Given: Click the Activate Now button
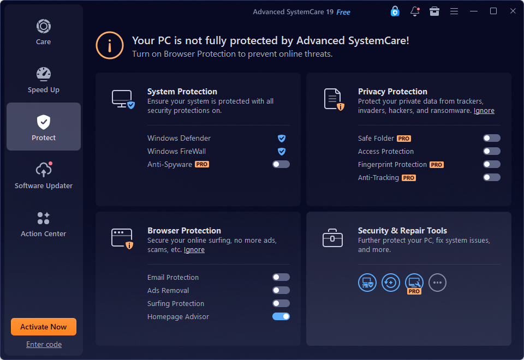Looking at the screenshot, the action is pyautogui.click(x=44, y=327).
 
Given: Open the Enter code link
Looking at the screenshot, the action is pyautogui.click(x=44, y=344).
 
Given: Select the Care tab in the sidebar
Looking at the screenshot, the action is pyautogui.click(x=44, y=32).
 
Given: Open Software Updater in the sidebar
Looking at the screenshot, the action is pyautogui.click(x=44, y=175).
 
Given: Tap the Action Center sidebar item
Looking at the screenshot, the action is pyautogui.click(x=44, y=224).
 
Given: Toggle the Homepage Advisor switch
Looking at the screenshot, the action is pyautogui.click(x=281, y=316).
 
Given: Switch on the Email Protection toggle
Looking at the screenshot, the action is pyautogui.click(x=281, y=277).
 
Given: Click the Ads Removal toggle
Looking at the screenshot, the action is pyautogui.click(x=281, y=290).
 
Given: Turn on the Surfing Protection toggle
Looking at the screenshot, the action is pyautogui.click(x=281, y=303).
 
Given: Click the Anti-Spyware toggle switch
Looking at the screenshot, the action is pyautogui.click(x=281, y=164).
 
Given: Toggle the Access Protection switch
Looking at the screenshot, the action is pyautogui.click(x=492, y=151).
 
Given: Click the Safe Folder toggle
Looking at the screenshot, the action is pyautogui.click(x=492, y=138).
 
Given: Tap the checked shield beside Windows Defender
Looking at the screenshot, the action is pyautogui.click(x=282, y=138).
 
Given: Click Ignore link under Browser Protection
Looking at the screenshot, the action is pyautogui.click(x=194, y=250).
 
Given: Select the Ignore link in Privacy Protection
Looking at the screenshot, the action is pyautogui.click(x=484, y=111).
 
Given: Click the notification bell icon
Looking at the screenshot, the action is pyautogui.click(x=415, y=11).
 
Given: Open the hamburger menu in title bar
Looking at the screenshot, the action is pyautogui.click(x=454, y=11).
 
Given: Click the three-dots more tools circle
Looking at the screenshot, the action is pyautogui.click(x=437, y=283).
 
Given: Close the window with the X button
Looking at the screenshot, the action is pyautogui.click(x=513, y=11).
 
